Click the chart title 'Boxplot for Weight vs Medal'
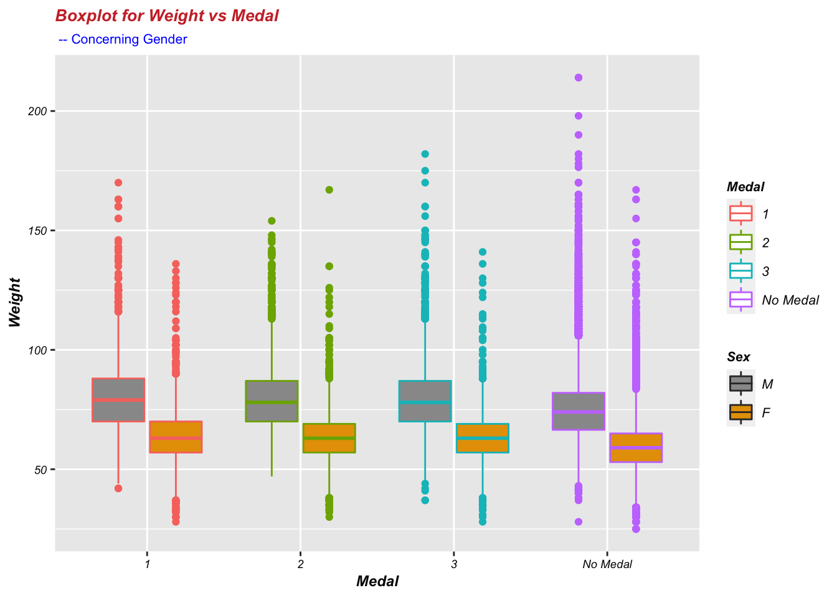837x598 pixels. (166, 16)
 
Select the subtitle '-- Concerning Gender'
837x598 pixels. (123, 39)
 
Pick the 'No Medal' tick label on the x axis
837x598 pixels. (607, 564)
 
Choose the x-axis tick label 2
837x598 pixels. (301, 564)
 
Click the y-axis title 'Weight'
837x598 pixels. (15, 303)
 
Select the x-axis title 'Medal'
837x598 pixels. (377, 582)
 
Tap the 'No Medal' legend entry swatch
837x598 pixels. (741, 300)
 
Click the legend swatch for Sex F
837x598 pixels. (741, 412)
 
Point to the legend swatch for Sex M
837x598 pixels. (741, 383)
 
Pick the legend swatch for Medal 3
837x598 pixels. (741, 271)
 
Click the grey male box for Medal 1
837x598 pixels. (118, 400)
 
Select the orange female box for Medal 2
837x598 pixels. (329, 438)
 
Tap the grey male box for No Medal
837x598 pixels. (579, 411)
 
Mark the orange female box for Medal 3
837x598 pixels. (483, 438)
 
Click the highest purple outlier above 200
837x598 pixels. (579, 78)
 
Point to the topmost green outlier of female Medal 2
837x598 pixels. (329, 190)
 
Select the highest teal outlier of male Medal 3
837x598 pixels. (425, 154)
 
